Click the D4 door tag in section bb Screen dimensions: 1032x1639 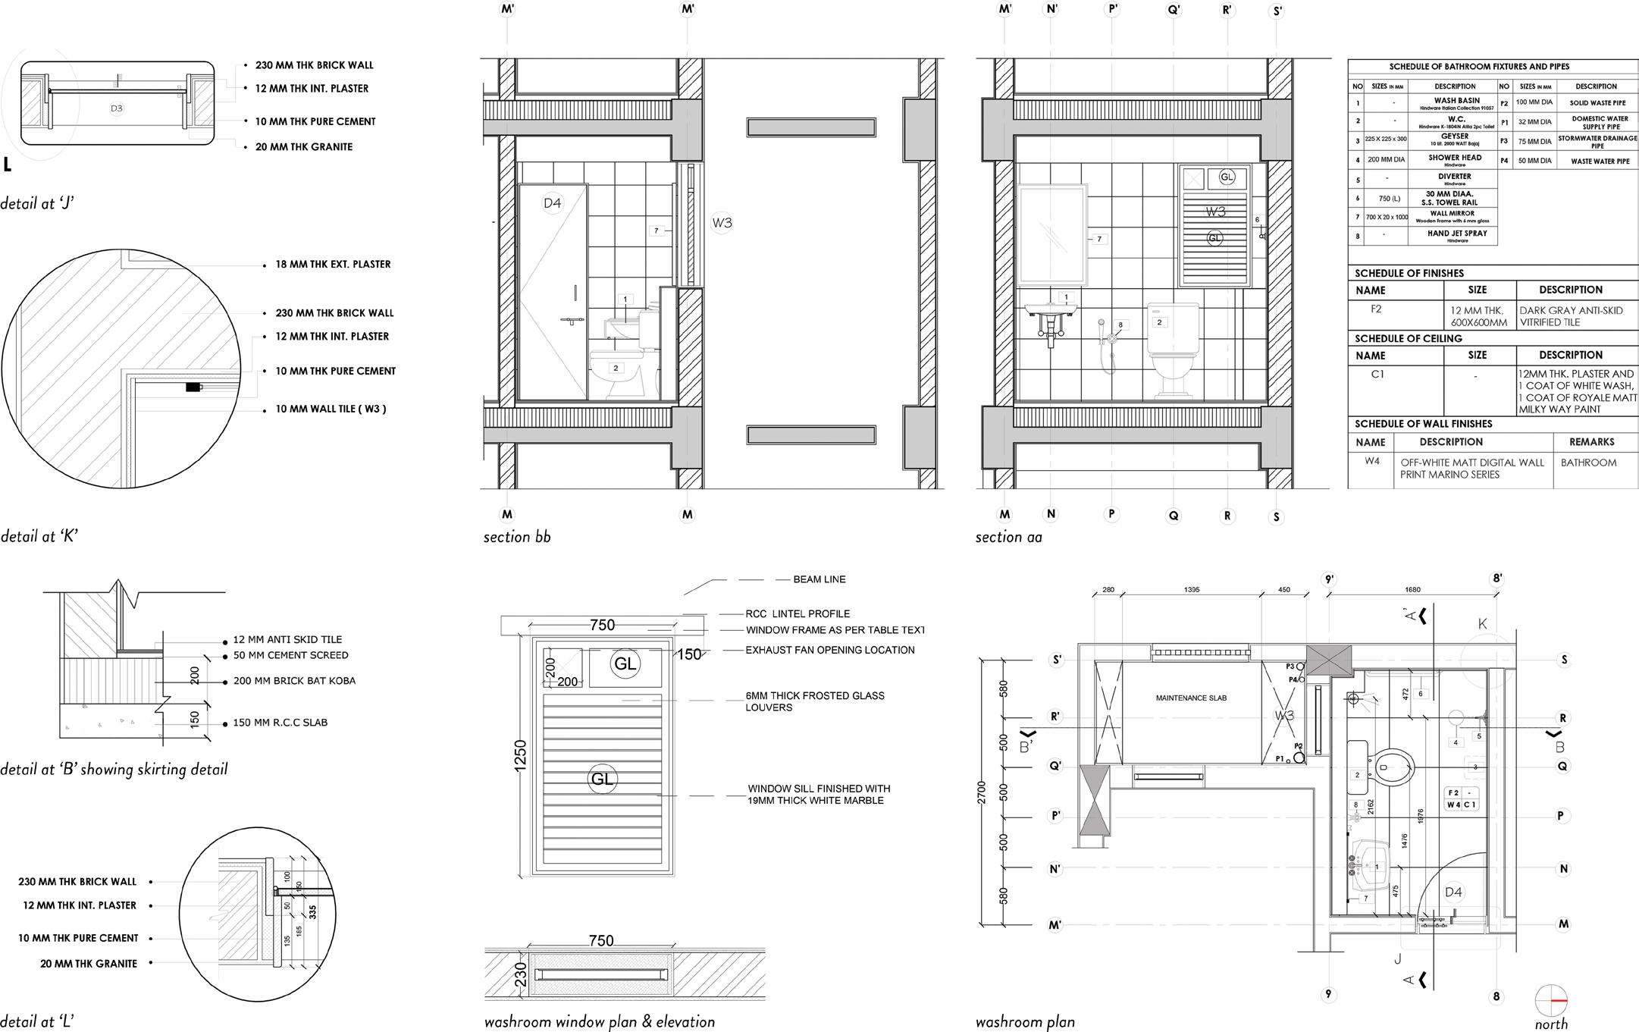pyautogui.click(x=552, y=202)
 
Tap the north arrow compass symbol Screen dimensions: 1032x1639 pyautogui.click(x=1550, y=1001)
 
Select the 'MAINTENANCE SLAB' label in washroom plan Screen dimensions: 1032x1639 pyautogui.click(x=1191, y=698)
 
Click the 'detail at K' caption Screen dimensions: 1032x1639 pyautogui.click(x=39, y=536)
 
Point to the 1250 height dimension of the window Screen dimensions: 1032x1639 pyautogui.click(x=520, y=756)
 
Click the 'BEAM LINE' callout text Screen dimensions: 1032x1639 pyautogui.click(x=819, y=579)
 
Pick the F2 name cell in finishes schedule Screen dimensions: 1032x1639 pyautogui.click(x=1376, y=309)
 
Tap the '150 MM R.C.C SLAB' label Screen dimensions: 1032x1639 pyautogui.click(x=280, y=723)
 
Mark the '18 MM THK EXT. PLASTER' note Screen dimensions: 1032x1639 pyautogui.click(x=333, y=265)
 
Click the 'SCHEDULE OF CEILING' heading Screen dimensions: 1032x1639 pyautogui.click(x=1408, y=339)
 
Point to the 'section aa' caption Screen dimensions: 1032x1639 pyautogui.click(x=1008, y=537)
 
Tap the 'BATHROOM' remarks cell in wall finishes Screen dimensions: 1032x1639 pyautogui.click(x=1588, y=463)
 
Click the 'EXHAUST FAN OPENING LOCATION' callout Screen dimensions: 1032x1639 pyautogui.click(x=829, y=650)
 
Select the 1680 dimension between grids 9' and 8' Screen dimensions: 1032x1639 pyautogui.click(x=1412, y=589)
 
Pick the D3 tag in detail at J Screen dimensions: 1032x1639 pyautogui.click(x=117, y=108)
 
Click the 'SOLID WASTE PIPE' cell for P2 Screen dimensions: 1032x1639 pyautogui.click(x=1597, y=103)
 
